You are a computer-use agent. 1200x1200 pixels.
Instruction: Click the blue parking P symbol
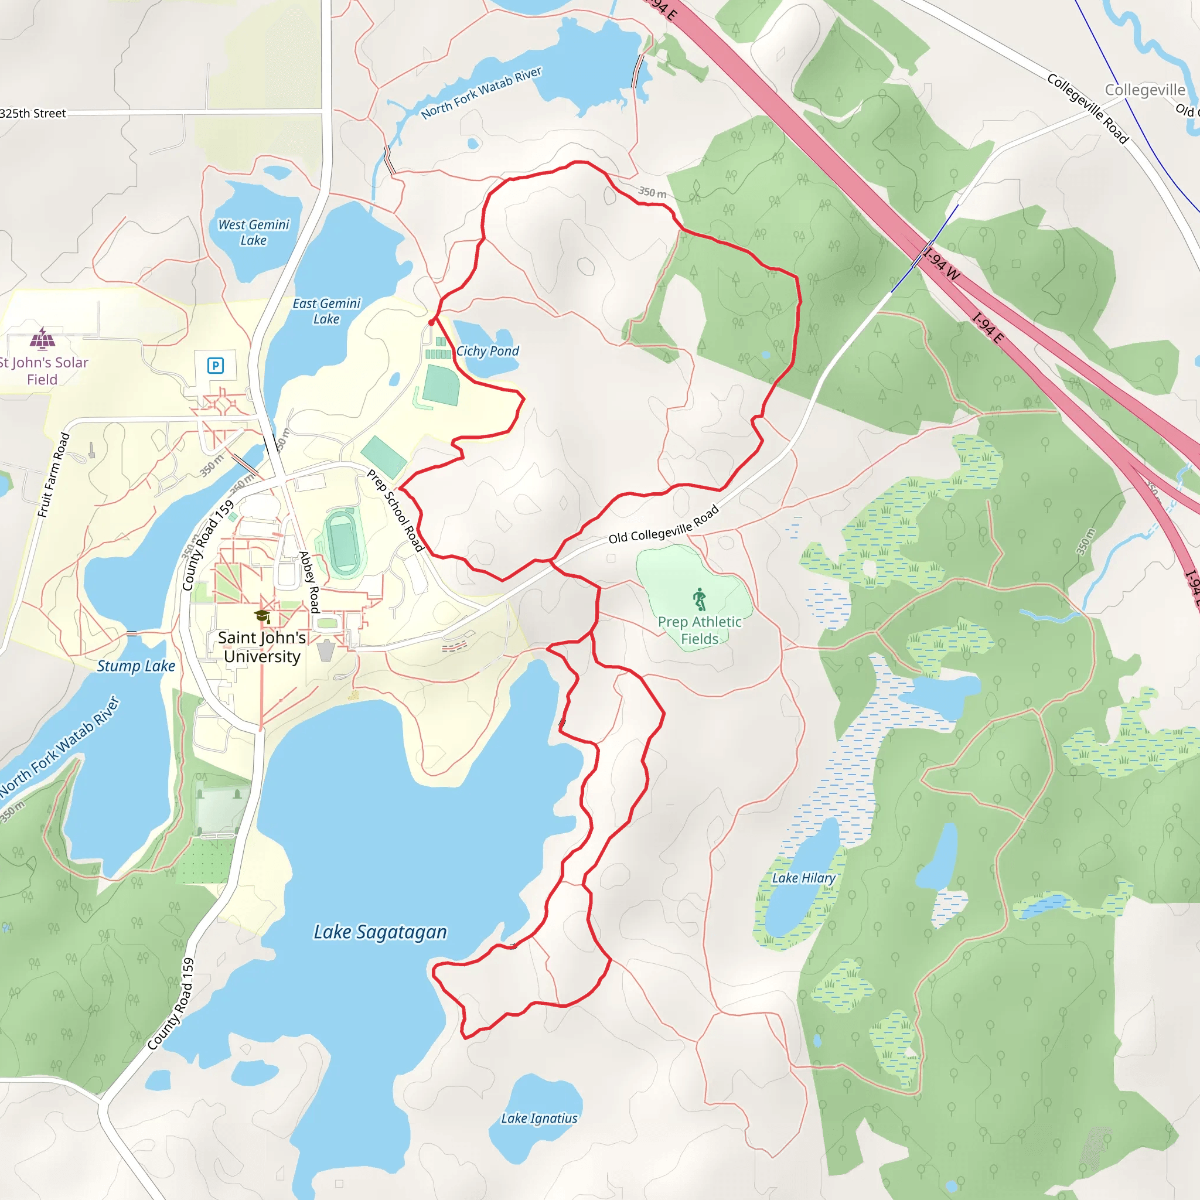pos(216,365)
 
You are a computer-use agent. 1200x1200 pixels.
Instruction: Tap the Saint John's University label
pos(261,647)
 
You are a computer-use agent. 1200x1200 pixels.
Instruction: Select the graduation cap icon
pos(262,616)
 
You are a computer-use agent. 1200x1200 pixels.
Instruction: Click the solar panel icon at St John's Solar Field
pos(42,339)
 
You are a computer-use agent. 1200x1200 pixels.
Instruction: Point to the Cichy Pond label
pos(487,351)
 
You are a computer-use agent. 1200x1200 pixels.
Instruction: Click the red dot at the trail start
pos(432,322)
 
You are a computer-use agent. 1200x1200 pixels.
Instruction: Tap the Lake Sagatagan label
pos(380,932)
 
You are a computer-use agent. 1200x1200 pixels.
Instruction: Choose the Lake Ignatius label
pos(539,1118)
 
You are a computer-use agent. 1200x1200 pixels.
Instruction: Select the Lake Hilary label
pos(804,878)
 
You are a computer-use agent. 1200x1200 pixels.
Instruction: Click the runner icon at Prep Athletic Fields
pos(700,599)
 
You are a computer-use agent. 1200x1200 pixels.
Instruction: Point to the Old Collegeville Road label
pos(663,525)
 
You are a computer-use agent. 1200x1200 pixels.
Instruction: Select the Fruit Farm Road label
pos(53,475)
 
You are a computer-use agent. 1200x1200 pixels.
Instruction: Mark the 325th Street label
pos(33,113)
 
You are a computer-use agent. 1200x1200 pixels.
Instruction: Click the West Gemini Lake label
pos(253,232)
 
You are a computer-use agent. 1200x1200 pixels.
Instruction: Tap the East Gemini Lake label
pos(327,311)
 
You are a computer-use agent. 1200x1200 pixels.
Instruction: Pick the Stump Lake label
pos(136,666)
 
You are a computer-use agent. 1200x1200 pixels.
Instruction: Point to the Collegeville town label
pos(1145,90)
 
